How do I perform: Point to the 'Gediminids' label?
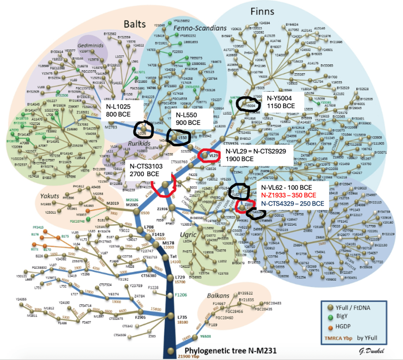[x=90, y=45]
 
